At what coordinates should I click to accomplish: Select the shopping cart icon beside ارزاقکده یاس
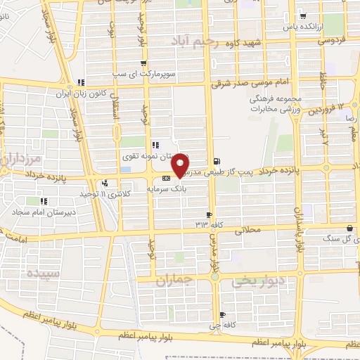tap(302, 17)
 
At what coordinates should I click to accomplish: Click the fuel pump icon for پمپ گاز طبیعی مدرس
tap(215, 161)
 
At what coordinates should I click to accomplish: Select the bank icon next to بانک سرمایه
tap(166, 179)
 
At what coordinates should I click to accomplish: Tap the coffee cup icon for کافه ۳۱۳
tap(209, 214)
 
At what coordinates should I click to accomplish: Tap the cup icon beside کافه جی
tap(222, 314)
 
